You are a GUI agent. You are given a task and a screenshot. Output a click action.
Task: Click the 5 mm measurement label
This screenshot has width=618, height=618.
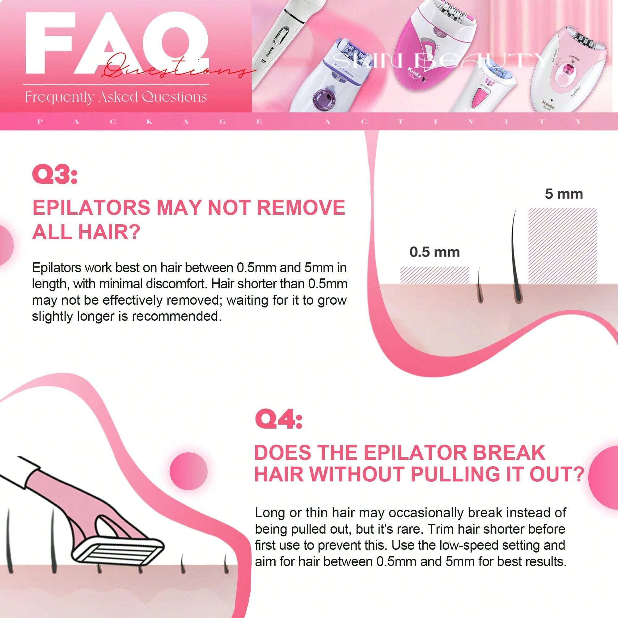click(564, 194)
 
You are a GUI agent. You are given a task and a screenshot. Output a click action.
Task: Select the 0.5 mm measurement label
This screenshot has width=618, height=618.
click(434, 252)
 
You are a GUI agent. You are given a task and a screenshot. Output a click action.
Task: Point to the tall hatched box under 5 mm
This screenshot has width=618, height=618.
click(562, 245)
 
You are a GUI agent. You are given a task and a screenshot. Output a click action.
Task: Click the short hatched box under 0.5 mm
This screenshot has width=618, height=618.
click(434, 275)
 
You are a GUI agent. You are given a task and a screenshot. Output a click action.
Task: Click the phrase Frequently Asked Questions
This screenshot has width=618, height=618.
click(116, 97)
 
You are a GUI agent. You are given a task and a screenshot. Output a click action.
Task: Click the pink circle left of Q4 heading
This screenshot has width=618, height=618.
click(188, 471)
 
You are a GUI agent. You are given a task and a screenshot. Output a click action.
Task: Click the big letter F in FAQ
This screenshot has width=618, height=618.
click(49, 43)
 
